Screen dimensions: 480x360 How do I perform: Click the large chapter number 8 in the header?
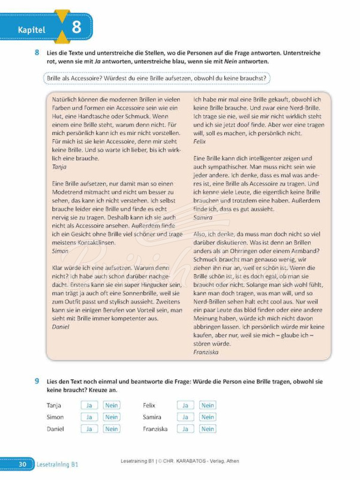pos(76,27)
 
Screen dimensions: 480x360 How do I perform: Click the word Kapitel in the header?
pos(31,29)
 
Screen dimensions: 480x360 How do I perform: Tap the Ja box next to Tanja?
pos(89,406)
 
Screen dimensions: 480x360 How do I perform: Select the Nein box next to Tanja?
pos(112,406)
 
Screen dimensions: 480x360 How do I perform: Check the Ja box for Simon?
pos(89,417)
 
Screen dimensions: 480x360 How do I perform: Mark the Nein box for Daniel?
pos(112,429)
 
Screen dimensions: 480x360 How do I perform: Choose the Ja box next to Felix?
pos(185,406)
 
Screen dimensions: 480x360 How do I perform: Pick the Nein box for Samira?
pos(208,417)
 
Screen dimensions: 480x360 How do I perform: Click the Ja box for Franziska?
pos(185,429)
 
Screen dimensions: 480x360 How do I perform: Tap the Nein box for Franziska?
pos(208,429)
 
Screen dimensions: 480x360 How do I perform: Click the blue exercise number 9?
pos(37,381)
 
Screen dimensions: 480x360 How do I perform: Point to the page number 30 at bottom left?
pos(22,464)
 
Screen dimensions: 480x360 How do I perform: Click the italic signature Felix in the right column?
pos(200,141)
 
